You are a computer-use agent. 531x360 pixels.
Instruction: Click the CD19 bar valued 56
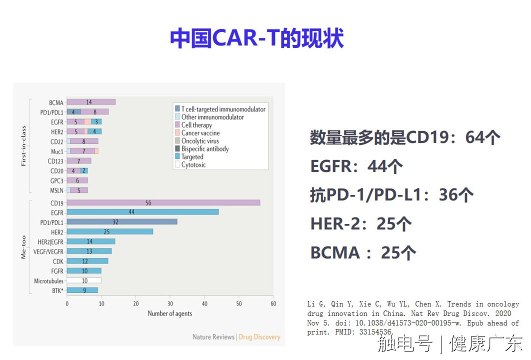pyautogui.click(x=163, y=202)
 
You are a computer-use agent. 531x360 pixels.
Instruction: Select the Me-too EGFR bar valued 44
pyautogui.click(x=142, y=212)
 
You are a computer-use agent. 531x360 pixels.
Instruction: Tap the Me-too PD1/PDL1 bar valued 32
pyautogui.click(x=122, y=222)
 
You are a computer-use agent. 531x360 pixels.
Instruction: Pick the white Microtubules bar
pyautogui.click(x=84, y=280)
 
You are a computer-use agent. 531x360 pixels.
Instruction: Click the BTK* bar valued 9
pyautogui.click(x=82, y=290)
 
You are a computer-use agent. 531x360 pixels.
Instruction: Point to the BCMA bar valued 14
pyautogui.click(x=91, y=102)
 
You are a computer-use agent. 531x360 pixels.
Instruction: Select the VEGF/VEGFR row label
pyautogui.click(x=48, y=251)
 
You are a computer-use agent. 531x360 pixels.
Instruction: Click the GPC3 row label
pyautogui.click(x=57, y=181)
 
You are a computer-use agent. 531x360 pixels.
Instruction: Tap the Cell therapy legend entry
pyautogui.click(x=193, y=125)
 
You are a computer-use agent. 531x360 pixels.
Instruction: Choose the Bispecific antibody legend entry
pyautogui.click(x=202, y=148)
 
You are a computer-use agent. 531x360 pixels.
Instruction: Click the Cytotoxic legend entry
pyautogui.click(x=190, y=164)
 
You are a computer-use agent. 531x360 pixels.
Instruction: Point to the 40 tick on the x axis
pyautogui.click(x=204, y=304)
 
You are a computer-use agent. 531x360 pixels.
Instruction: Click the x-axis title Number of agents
pyautogui.click(x=170, y=313)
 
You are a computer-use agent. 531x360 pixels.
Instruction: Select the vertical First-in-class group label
pyautogui.click(x=23, y=146)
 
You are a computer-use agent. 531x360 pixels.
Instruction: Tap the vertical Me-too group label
pyautogui.click(x=23, y=247)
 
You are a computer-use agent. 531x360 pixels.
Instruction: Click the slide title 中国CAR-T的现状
pyautogui.click(x=257, y=38)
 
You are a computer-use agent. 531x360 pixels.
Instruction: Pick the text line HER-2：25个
pyautogui.click(x=361, y=224)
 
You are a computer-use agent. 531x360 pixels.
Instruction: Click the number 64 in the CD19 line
pyautogui.click(x=475, y=137)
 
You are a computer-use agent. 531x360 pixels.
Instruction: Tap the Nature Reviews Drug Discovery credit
pyautogui.click(x=236, y=337)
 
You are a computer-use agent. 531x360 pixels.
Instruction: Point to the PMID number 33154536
pyautogui.click(x=375, y=332)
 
